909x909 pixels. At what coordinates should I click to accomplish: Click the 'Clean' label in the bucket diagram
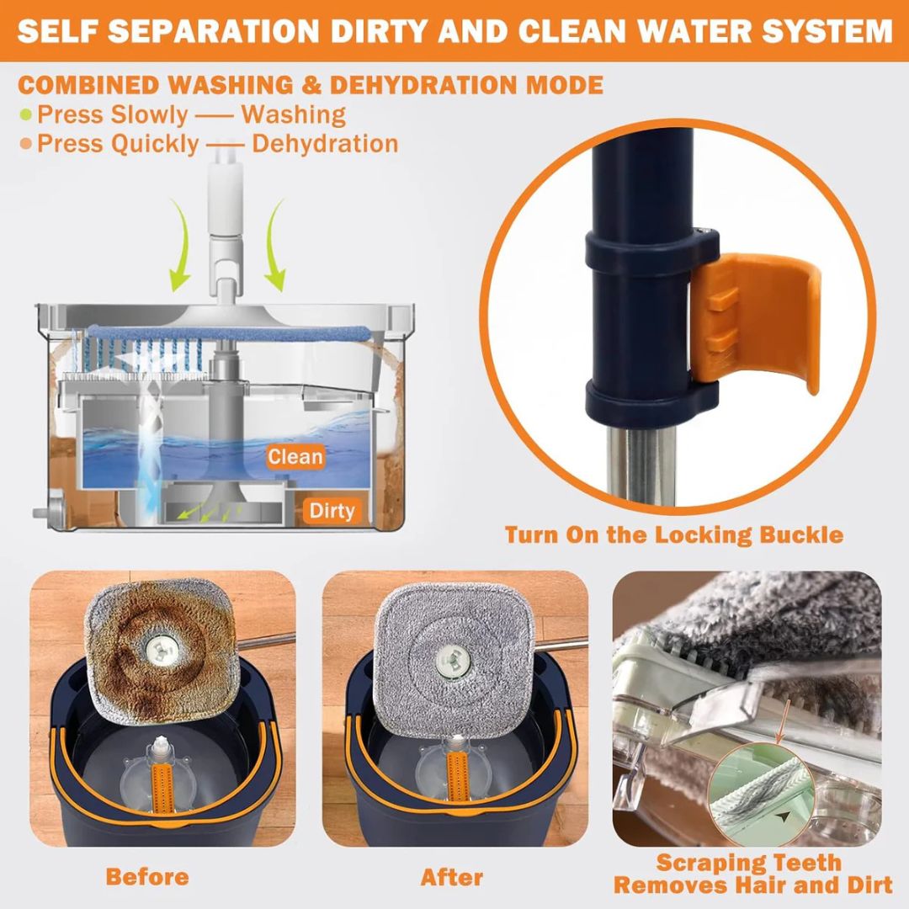coord(295,456)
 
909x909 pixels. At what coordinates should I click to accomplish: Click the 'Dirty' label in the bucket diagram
coord(332,511)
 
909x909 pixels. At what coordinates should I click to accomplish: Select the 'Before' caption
coord(147,876)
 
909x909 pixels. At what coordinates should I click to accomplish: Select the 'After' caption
coord(452,877)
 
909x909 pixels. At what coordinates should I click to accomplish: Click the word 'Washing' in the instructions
coord(294,114)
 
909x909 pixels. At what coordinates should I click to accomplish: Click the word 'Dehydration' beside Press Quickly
coord(325,144)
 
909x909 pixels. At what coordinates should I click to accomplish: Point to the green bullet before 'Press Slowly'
coord(25,114)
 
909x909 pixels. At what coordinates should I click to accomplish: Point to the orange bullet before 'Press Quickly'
coord(25,144)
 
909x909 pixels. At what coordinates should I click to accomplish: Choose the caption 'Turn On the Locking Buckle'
coord(673,534)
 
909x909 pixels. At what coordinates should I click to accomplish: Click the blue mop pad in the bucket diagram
coord(229,333)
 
